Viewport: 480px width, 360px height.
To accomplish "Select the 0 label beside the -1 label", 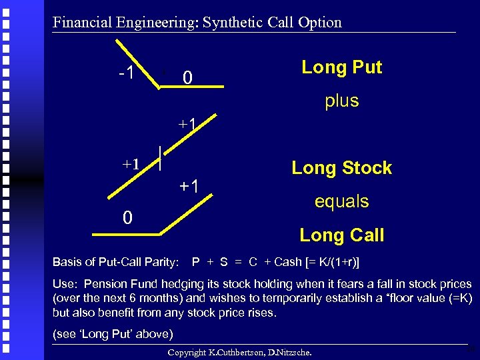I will (188, 79).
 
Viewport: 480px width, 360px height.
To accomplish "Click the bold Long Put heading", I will (341, 67).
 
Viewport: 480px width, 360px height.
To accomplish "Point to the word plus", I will (341, 101).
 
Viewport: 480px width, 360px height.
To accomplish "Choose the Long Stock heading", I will (341, 168).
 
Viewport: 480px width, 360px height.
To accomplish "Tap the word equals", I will (341, 201).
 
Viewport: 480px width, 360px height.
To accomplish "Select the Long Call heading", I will (341, 235).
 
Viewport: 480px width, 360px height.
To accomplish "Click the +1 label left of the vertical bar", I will (130, 164).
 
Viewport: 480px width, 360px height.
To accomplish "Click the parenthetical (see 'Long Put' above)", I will (113, 333).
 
